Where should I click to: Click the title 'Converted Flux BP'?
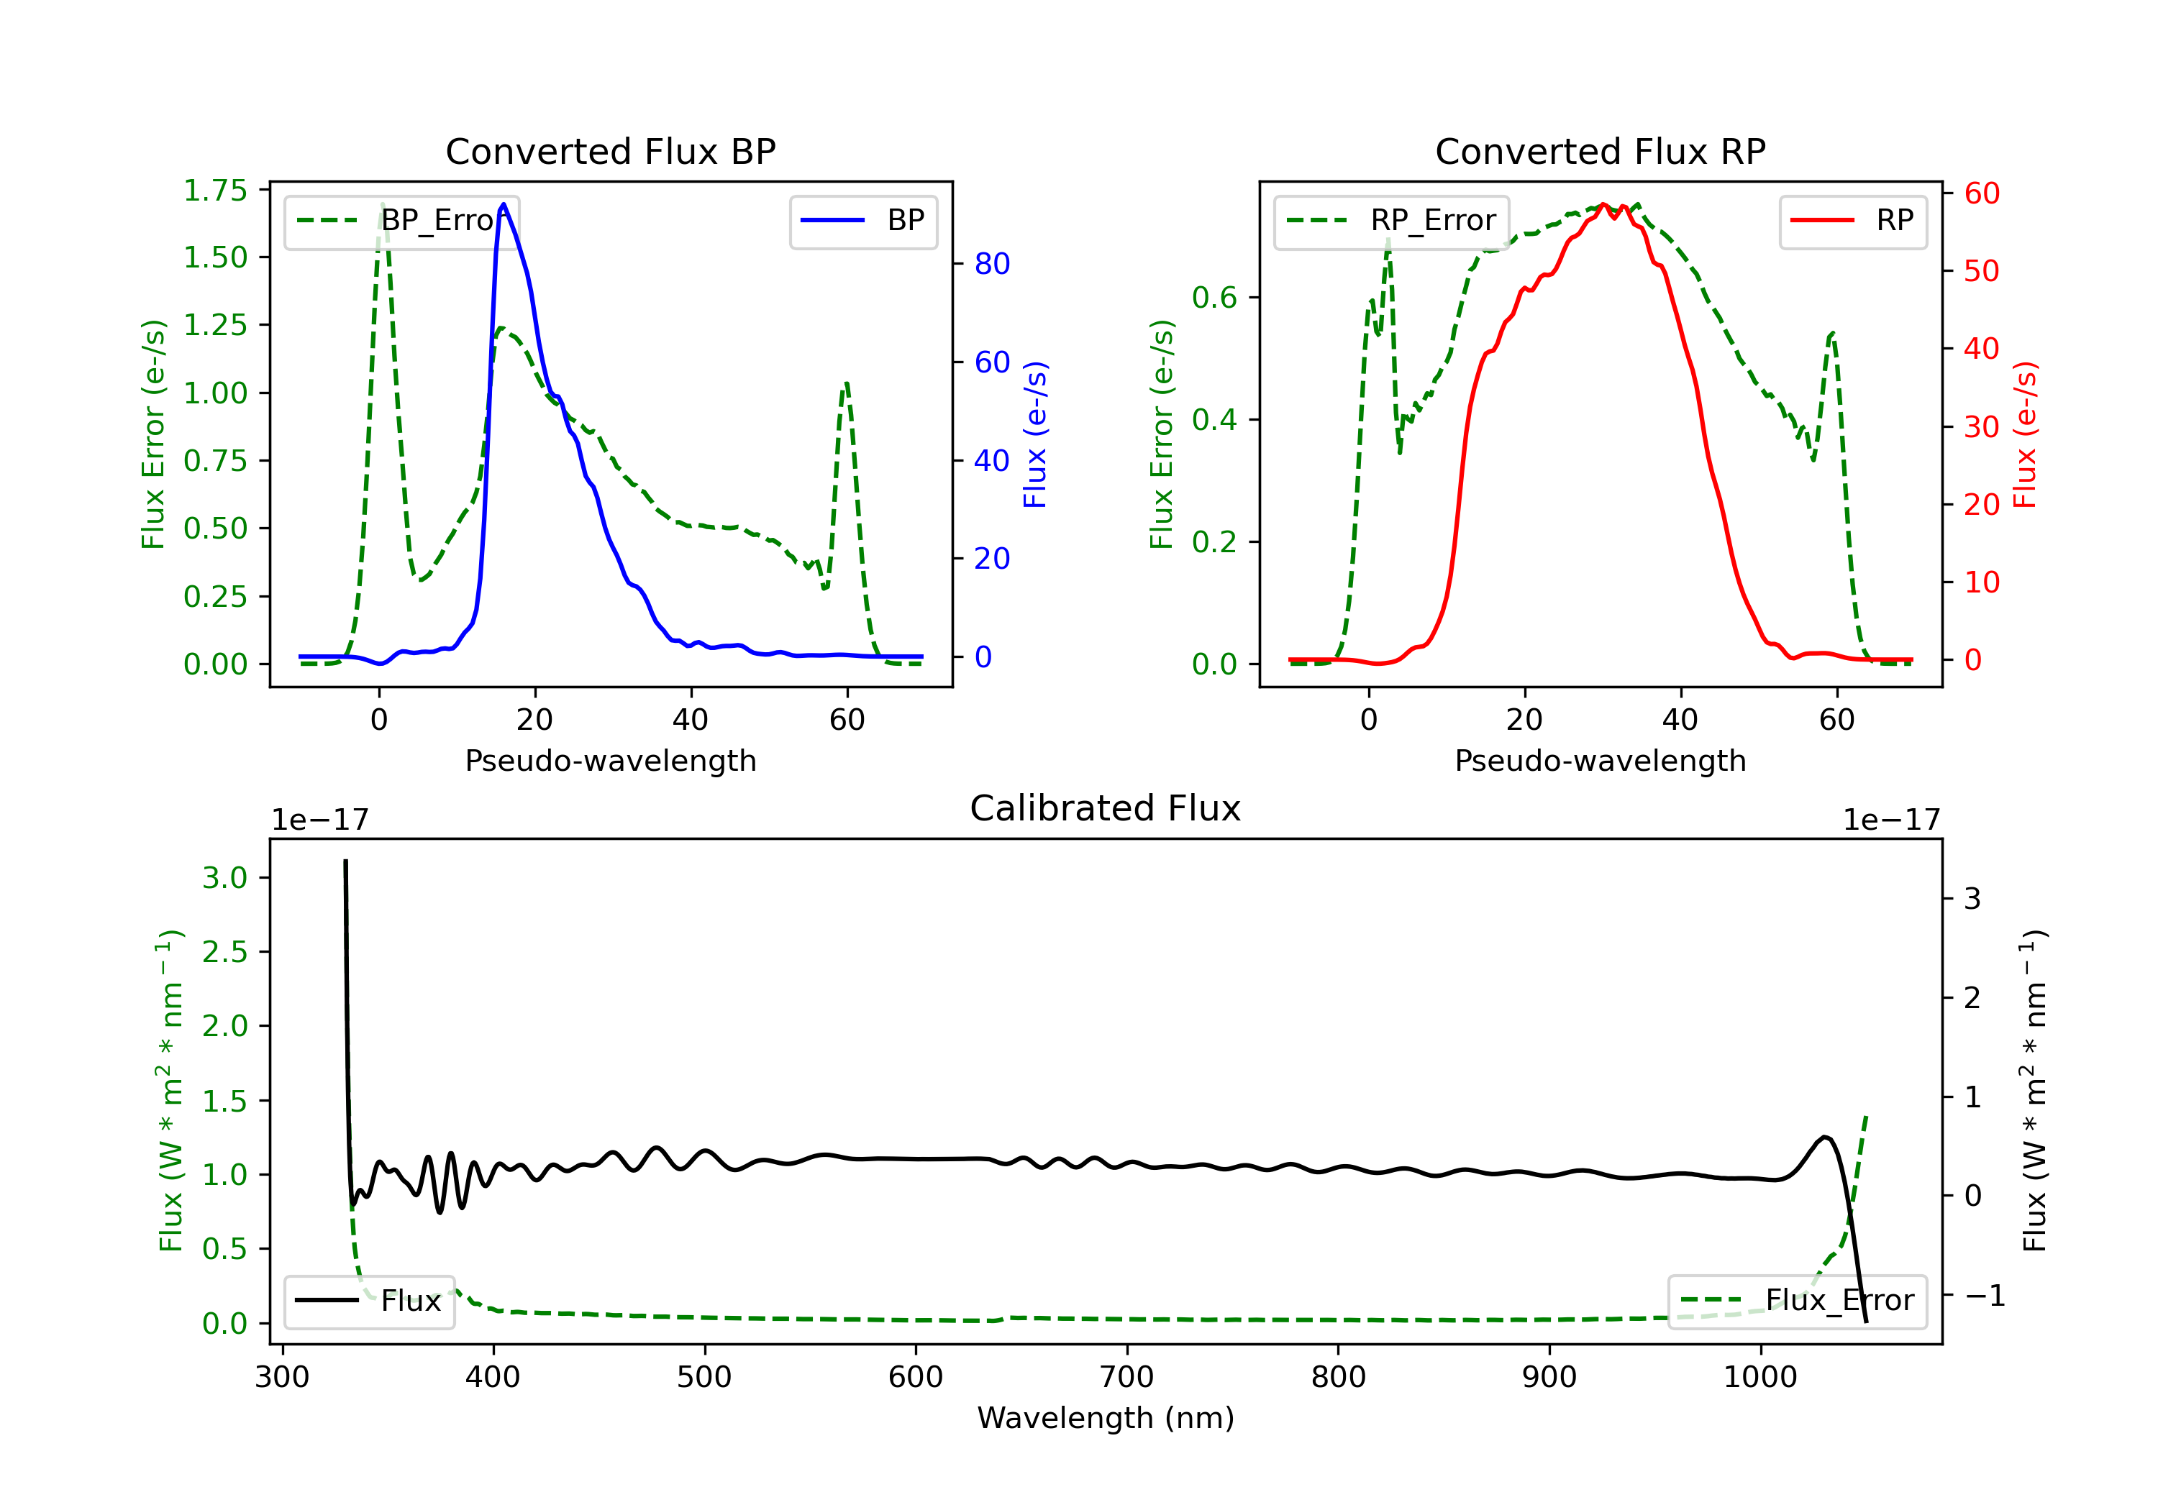(x=611, y=151)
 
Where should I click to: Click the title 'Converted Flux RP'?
(x=1601, y=151)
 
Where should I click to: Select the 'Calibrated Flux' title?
(x=1106, y=808)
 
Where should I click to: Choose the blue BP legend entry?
(x=862, y=221)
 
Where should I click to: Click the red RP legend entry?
(x=1852, y=221)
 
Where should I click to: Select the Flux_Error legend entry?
(x=1797, y=1301)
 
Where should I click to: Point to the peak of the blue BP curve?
(x=504, y=204)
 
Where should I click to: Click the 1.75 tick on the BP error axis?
(x=215, y=191)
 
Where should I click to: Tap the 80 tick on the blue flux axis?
(x=991, y=264)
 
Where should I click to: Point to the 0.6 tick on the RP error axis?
(x=1214, y=298)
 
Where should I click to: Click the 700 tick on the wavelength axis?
(x=1127, y=1378)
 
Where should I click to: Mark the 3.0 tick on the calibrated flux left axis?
(x=224, y=878)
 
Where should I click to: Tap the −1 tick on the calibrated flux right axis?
(x=1984, y=1296)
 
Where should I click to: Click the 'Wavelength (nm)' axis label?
(x=1106, y=1418)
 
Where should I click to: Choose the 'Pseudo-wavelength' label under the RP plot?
(x=1601, y=760)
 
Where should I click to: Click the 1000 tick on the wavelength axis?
(x=1760, y=1378)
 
